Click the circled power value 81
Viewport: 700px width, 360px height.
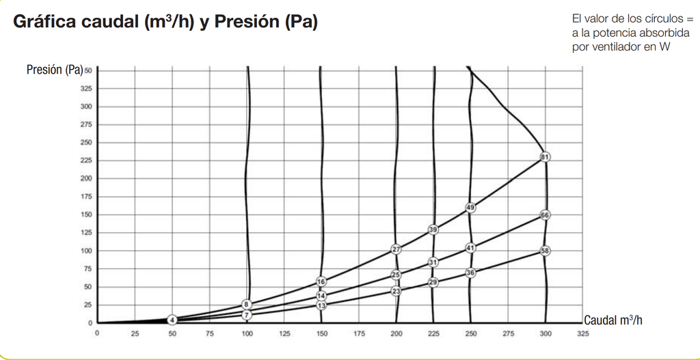point(545,157)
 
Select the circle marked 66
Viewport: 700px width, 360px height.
point(545,215)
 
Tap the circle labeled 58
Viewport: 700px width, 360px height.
point(545,251)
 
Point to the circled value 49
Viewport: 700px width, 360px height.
point(470,208)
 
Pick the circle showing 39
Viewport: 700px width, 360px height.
point(433,230)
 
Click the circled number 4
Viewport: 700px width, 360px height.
point(172,320)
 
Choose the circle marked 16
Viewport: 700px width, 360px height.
point(321,281)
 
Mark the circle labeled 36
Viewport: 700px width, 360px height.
point(470,273)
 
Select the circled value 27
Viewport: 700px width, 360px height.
point(396,249)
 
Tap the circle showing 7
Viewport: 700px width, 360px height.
point(247,315)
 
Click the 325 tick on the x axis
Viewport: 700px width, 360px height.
point(582,334)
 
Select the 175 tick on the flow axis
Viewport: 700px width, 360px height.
point(359,334)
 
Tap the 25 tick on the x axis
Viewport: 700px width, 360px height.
point(135,334)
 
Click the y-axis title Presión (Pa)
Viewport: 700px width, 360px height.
point(55,70)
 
